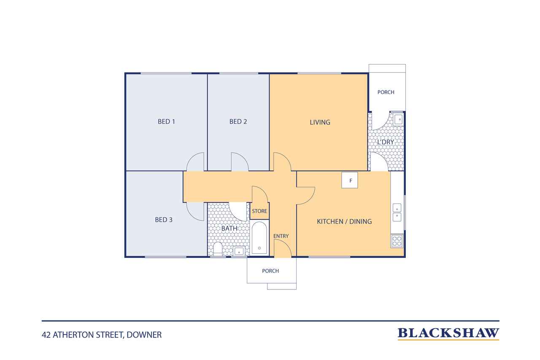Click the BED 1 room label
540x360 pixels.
click(166, 122)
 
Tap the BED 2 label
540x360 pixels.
click(238, 122)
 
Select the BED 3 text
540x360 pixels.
click(164, 219)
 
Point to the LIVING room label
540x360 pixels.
click(320, 122)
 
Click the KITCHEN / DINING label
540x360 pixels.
click(344, 221)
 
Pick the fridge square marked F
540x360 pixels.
click(350, 180)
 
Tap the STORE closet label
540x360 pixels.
click(259, 211)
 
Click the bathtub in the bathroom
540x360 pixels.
click(259, 238)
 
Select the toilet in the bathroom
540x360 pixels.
click(218, 249)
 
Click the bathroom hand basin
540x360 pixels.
click(239, 251)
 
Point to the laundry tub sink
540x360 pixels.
click(398, 119)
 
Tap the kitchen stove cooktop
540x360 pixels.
click(397, 241)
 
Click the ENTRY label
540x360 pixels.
click(281, 236)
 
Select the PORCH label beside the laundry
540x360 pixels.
click(386, 92)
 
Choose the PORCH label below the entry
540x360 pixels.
click(270, 271)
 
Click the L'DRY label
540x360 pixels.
click(386, 142)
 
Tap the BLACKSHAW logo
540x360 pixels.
click(448, 333)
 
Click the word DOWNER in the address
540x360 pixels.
click(144, 335)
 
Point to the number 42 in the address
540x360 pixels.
click(46, 335)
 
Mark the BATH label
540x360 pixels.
click(229, 228)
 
